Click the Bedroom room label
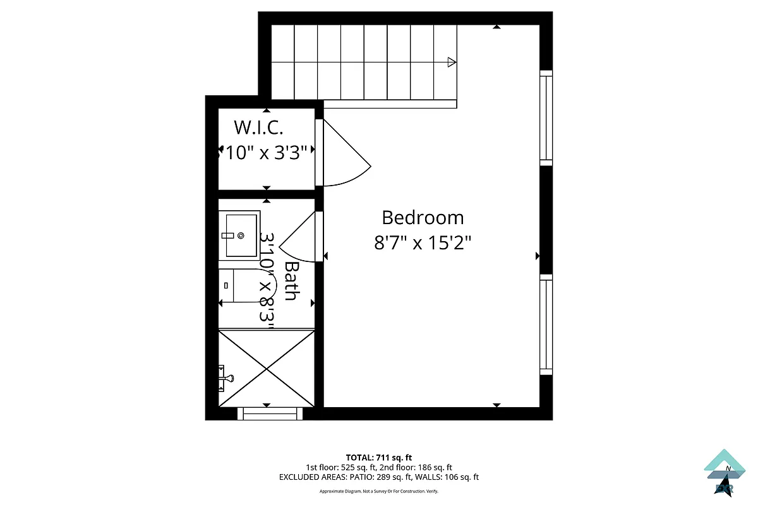[x=423, y=218]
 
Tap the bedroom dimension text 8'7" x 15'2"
[x=423, y=243]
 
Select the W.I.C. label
[x=258, y=128]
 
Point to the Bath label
[x=291, y=281]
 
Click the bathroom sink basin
[x=240, y=234]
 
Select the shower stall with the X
[x=267, y=368]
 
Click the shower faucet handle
[x=226, y=377]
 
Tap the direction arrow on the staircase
[x=451, y=62]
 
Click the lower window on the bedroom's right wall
[x=546, y=324]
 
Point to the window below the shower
[x=270, y=413]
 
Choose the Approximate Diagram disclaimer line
[x=378, y=491]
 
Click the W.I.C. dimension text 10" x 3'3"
[x=266, y=152]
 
